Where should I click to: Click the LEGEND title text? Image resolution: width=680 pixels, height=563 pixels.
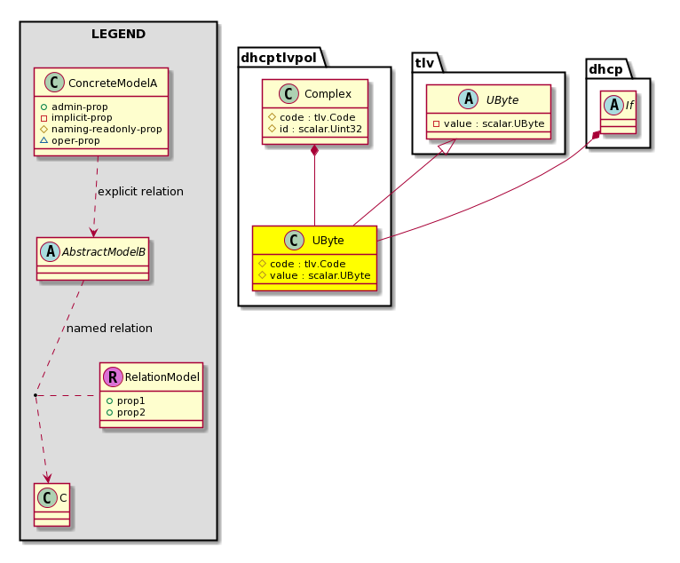tap(118, 34)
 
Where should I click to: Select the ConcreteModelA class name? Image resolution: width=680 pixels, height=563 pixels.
tap(113, 83)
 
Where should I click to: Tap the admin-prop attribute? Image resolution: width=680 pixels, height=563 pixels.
tap(80, 107)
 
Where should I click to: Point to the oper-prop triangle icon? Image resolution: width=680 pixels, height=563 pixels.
tap(43, 140)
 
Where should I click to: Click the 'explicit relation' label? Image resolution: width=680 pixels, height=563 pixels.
tap(140, 191)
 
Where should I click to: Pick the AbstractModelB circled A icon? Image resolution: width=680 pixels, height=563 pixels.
tap(50, 251)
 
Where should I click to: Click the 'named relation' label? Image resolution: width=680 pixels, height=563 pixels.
tap(109, 328)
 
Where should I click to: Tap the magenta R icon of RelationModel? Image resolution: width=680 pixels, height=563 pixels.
tap(113, 377)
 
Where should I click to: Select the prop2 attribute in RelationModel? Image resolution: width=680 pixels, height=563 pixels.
tap(131, 412)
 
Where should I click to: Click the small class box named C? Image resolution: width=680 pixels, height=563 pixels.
tap(52, 505)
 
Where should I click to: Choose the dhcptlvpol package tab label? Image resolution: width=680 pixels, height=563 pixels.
tap(279, 57)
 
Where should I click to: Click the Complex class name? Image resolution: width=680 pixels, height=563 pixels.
tap(328, 94)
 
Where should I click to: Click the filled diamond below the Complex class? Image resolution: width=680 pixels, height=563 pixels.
tap(315, 150)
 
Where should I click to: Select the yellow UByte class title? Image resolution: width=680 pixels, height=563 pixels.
tap(328, 241)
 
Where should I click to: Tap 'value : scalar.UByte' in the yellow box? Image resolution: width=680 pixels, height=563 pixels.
tap(320, 275)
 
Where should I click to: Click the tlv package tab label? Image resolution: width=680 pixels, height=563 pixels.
tap(424, 63)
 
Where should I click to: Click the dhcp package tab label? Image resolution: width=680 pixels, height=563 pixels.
tap(605, 69)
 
